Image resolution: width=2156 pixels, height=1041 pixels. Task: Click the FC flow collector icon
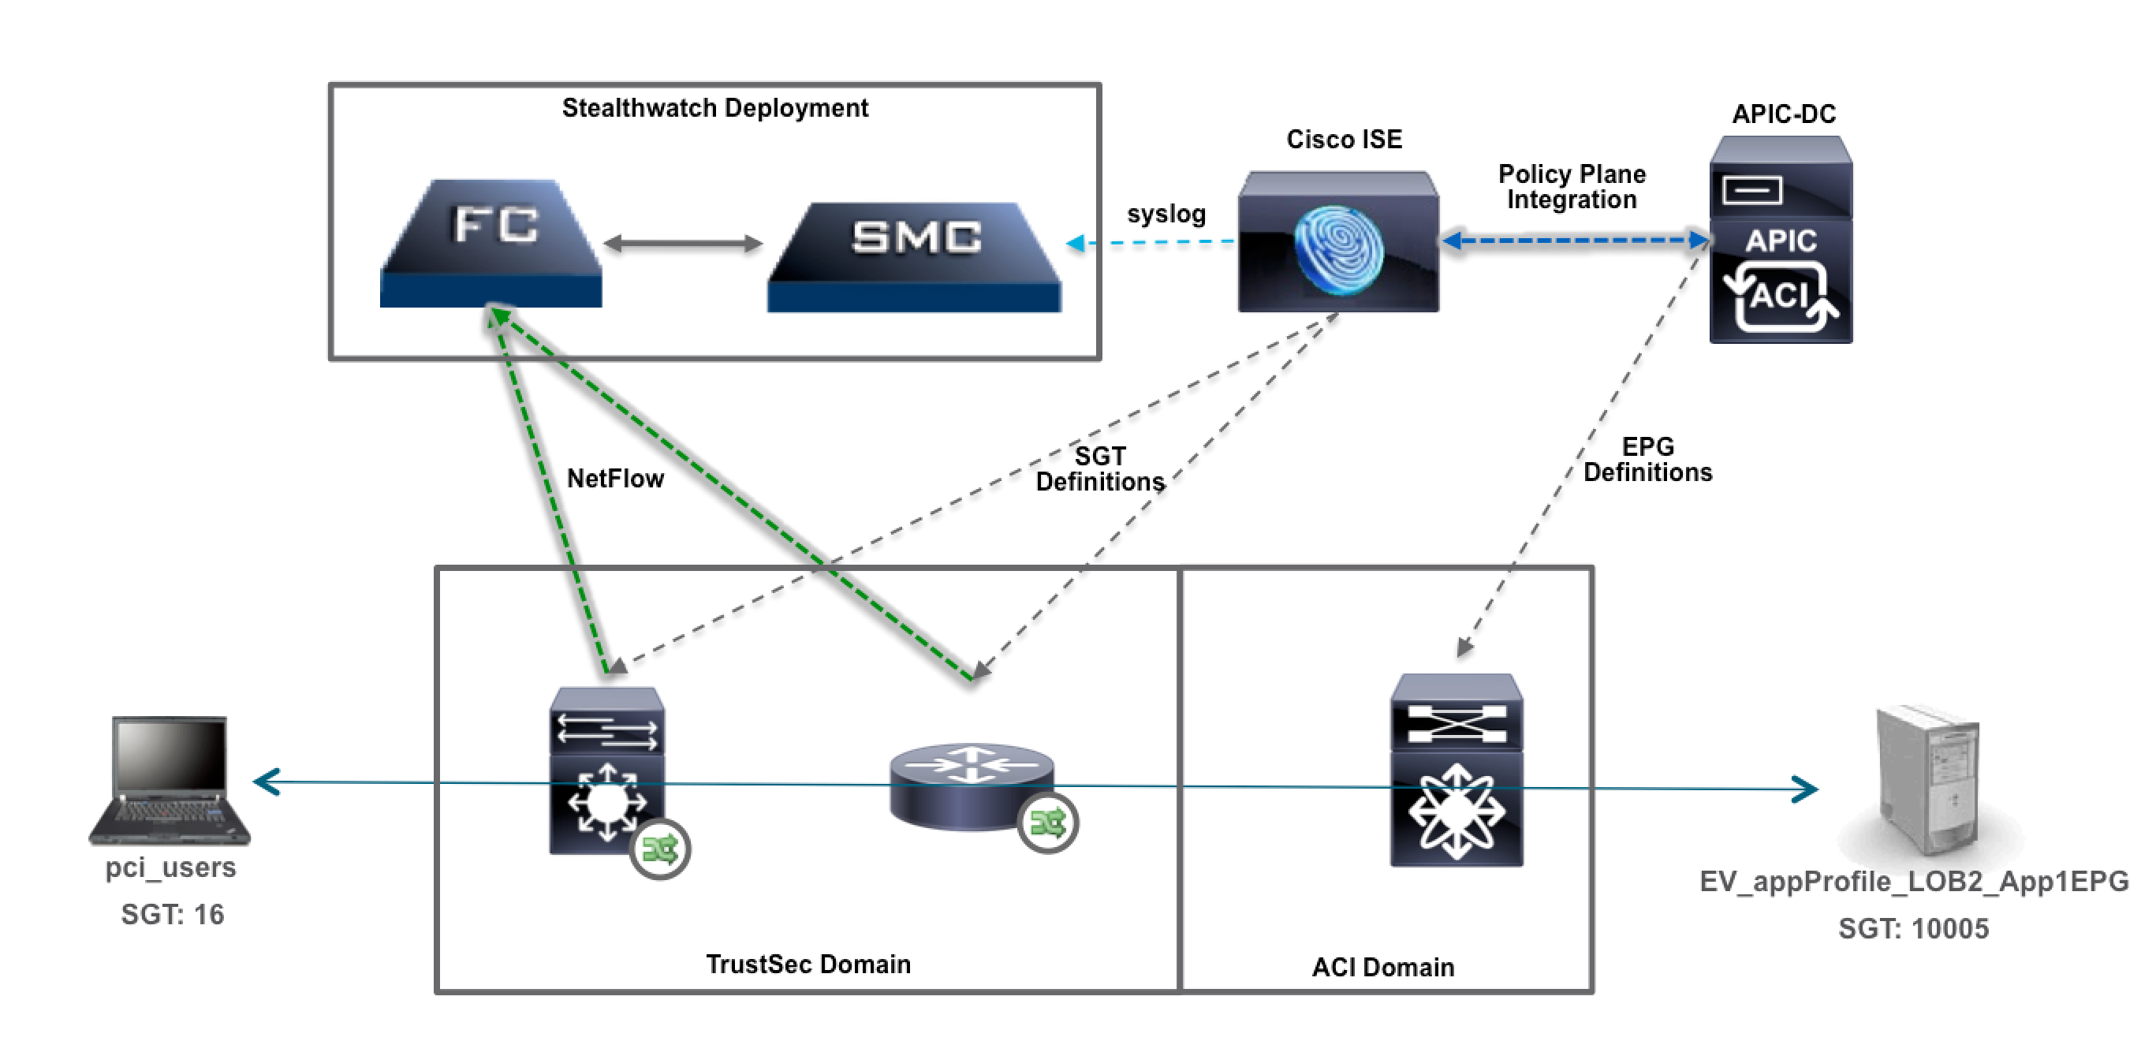[x=491, y=243]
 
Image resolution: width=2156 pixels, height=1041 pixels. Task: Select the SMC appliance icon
[x=914, y=256]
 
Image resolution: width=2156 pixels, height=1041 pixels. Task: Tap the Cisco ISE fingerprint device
[x=1338, y=242]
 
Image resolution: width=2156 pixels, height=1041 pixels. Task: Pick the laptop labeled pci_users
[x=170, y=780]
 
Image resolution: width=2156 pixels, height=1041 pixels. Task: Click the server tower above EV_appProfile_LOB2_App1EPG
[x=1928, y=780]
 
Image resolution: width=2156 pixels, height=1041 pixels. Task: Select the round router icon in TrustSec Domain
[x=972, y=786]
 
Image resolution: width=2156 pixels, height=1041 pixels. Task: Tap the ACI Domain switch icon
[x=1457, y=770]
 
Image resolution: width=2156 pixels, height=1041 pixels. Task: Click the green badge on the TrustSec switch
[x=659, y=850]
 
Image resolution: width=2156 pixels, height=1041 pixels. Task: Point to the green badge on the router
[x=1048, y=823]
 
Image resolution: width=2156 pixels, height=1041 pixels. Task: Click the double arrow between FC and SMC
[x=683, y=244]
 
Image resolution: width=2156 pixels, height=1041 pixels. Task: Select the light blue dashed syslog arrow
[x=1150, y=243]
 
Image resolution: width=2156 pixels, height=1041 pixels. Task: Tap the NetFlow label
[x=615, y=478]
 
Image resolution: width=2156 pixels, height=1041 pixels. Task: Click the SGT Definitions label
[x=1100, y=468]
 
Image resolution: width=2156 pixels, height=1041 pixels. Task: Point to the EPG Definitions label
[x=1647, y=460]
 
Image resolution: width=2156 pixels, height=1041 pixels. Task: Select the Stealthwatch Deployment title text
[x=714, y=108]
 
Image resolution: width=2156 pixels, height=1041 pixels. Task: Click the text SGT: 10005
[x=1913, y=928]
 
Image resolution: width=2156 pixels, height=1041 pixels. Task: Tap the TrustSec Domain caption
[x=808, y=964]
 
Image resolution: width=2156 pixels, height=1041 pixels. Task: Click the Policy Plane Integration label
[x=1571, y=187]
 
